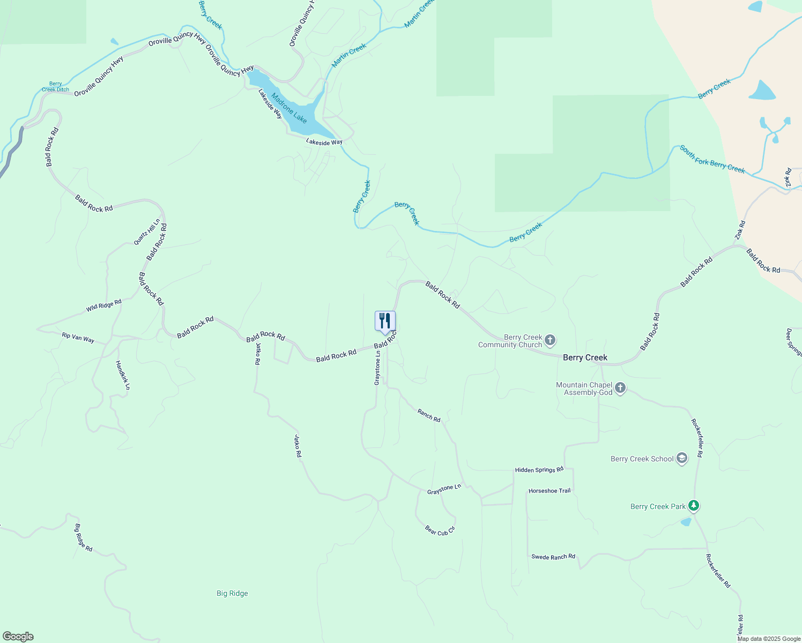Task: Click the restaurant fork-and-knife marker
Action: pyautogui.click(x=385, y=322)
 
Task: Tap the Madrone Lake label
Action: pyautogui.click(x=289, y=108)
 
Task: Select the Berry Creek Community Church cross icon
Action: pyautogui.click(x=550, y=340)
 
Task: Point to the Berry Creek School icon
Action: pyautogui.click(x=682, y=459)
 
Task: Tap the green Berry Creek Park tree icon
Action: pyautogui.click(x=694, y=506)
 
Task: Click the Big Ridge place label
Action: pyautogui.click(x=232, y=593)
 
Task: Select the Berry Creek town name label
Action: pyautogui.click(x=585, y=357)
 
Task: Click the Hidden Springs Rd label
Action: pyautogui.click(x=539, y=470)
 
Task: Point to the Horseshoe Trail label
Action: pyautogui.click(x=549, y=491)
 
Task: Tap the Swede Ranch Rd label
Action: pyautogui.click(x=553, y=557)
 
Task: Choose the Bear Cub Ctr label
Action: pyautogui.click(x=440, y=530)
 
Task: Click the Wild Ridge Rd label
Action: pyautogui.click(x=104, y=305)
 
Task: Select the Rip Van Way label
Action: pyautogui.click(x=78, y=338)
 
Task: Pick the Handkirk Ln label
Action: pyautogui.click(x=123, y=375)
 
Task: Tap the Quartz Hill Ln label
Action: pyautogui.click(x=147, y=232)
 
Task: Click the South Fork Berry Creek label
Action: pyautogui.click(x=712, y=160)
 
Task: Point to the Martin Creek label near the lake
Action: pyautogui.click(x=349, y=55)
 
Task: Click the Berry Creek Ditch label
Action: pyautogui.click(x=56, y=87)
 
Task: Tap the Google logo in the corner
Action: pyautogui.click(x=18, y=637)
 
